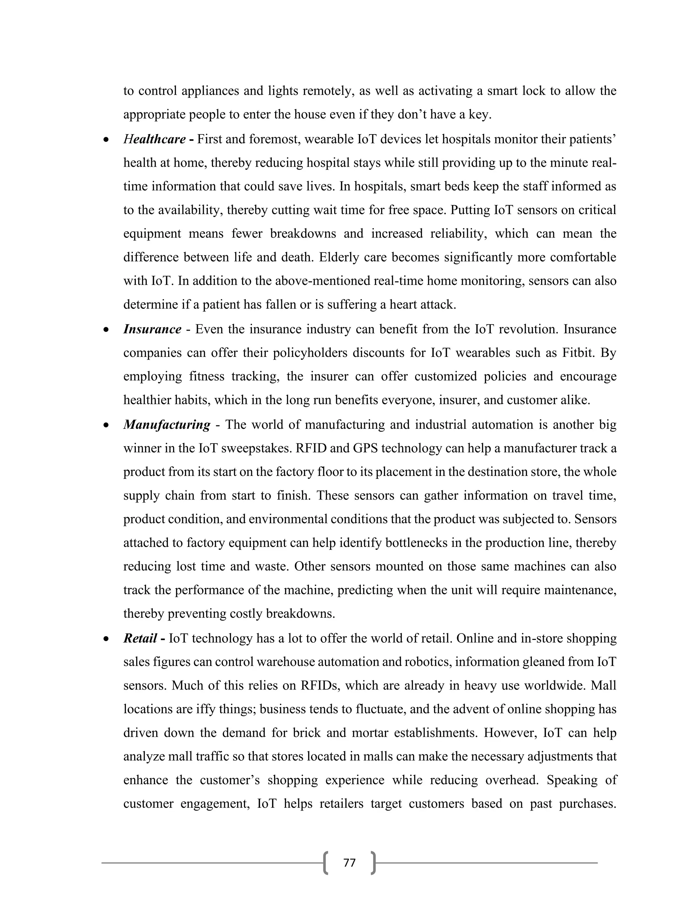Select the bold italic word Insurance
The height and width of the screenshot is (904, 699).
coord(152,330)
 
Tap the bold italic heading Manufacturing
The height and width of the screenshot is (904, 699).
coord(167,425)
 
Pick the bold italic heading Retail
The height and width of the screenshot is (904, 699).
coord(140,638)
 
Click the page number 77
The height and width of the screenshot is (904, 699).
coord(349,863)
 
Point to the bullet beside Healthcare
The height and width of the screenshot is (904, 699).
coord(106,140)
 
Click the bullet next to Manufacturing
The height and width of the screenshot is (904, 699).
coord(106,425)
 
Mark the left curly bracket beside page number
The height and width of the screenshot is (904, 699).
coord(326,863)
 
